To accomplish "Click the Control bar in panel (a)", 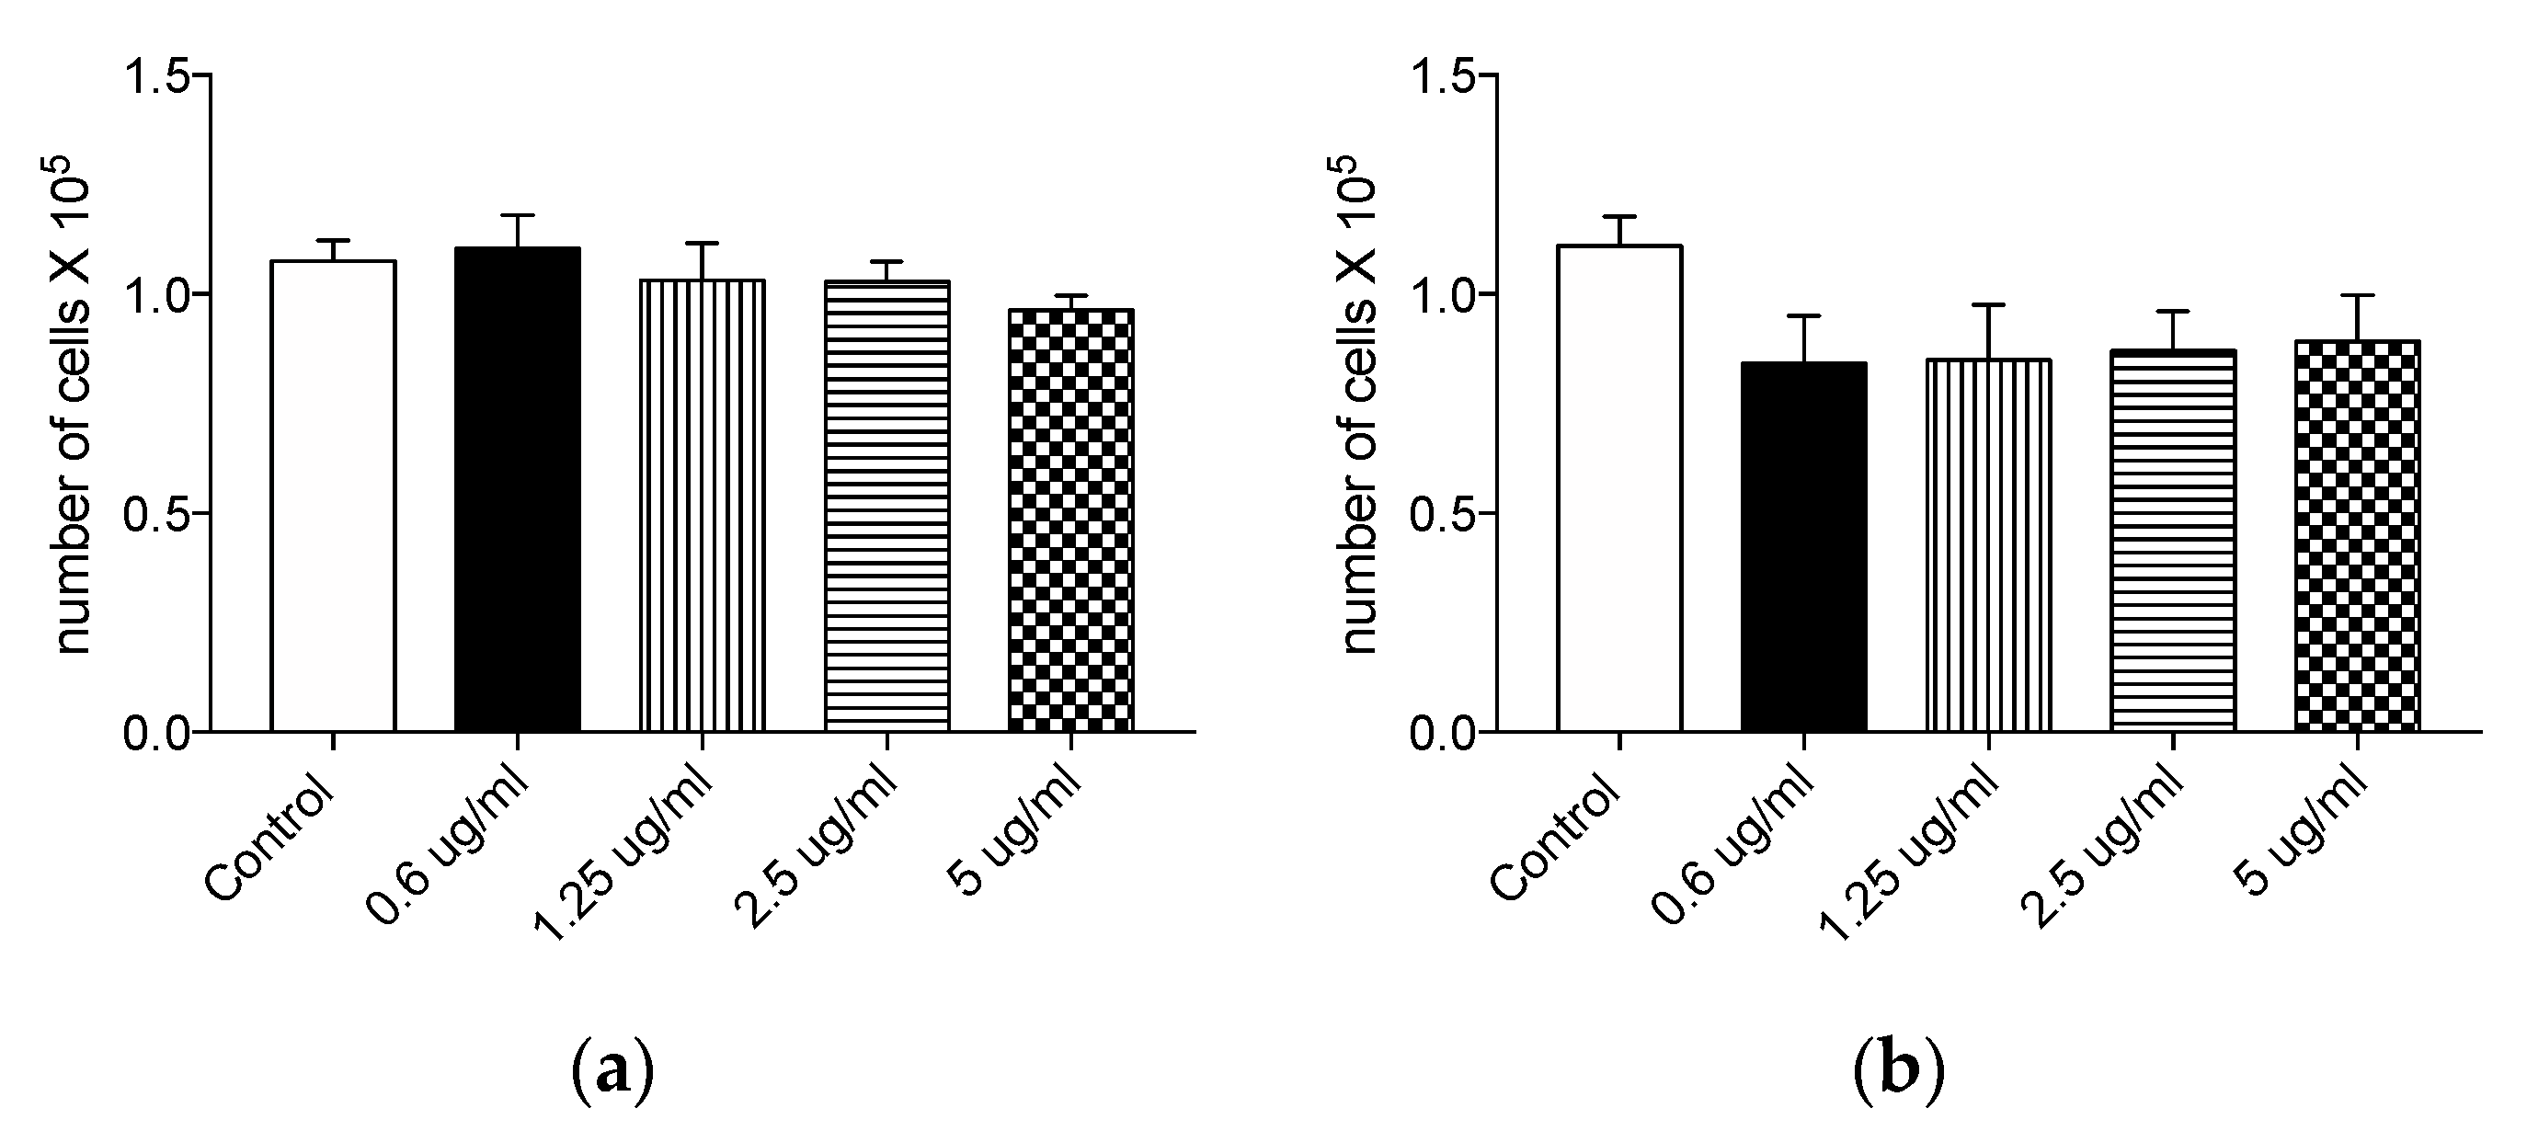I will coord(334,496).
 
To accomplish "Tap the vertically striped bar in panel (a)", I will coord(703,505).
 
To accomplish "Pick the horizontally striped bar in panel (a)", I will coord(886,505).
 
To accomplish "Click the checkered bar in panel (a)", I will coord(1071,520).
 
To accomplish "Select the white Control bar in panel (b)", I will coord(1619,487).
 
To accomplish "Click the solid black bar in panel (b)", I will coord(1804,546).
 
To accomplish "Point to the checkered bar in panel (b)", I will coord(2357,535).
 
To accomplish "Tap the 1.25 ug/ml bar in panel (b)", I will coord(1988,545).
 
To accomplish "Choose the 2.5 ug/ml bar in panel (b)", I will coord(2173,541).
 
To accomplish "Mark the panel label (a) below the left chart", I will coord(612,1072).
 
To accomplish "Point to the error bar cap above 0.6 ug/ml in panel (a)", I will coord(517,215).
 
